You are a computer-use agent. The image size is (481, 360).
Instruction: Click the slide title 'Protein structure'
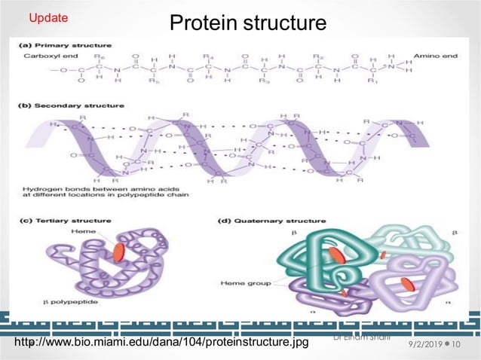248,23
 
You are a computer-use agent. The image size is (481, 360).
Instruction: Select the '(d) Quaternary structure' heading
271,221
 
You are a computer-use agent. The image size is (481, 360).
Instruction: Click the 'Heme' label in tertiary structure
82,232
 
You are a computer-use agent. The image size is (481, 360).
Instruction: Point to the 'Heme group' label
240,283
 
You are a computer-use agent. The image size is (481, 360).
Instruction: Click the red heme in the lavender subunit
407,285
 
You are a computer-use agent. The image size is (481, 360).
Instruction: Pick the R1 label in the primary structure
369,84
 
